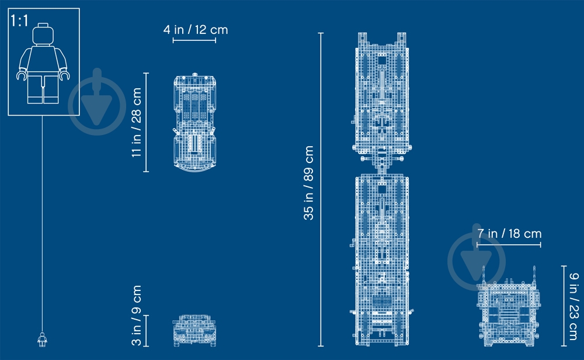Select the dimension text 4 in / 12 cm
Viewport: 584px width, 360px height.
[x=195, y=29]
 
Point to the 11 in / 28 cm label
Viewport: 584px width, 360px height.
[x=137, y=122]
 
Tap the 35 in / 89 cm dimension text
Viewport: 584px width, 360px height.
[x=309, y=183]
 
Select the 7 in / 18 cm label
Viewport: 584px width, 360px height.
[x=509, y=234]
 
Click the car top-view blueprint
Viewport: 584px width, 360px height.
[x=194, y=123]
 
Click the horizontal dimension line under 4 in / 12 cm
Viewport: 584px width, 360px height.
[x=194, y=41]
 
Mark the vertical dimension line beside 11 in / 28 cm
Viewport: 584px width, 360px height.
[x=146, y=122]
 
